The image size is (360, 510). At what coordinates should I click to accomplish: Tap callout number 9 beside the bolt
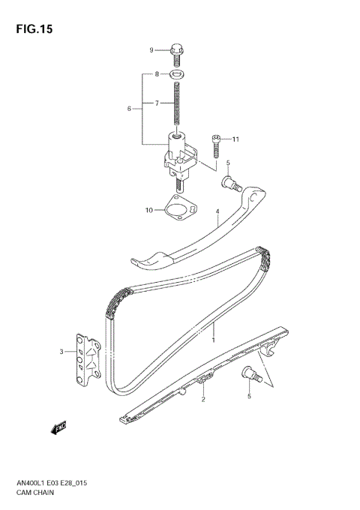(151, 50)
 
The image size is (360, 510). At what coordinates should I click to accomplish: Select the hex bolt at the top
(176, 50)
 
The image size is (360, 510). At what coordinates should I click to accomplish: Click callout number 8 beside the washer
(157, 74)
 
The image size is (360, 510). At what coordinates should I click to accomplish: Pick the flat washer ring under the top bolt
(178, 74)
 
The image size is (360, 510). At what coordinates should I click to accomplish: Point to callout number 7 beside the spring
(157, 103)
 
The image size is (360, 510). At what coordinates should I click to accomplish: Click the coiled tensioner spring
(178, 105)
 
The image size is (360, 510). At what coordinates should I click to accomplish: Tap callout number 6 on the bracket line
(129, 109)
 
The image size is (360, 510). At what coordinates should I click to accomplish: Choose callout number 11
(235, 139)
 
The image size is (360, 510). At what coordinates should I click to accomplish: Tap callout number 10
(148, 210)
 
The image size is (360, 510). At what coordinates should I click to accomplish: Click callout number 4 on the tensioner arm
(217, 212)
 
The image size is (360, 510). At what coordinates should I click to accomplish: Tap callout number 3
(62, 351)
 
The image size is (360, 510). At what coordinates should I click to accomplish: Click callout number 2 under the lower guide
(202, 400)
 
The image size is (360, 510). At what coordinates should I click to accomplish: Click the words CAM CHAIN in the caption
(33, 495)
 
